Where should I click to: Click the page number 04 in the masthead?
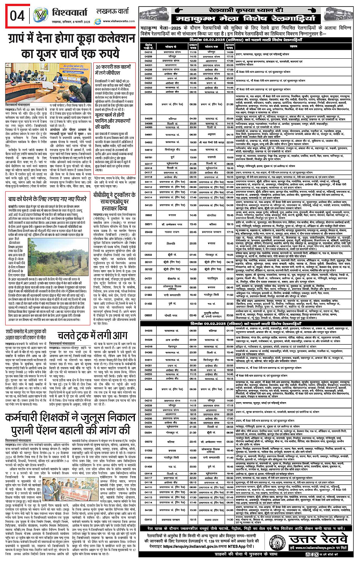pos(17,16)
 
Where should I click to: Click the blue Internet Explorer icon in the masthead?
pos(98,22)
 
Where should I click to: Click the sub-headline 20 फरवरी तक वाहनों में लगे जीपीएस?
pos(115,69)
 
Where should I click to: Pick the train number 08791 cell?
pos(148,157)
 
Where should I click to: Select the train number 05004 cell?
pos(148,432)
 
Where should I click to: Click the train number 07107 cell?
pos(148,243)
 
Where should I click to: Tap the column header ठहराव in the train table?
pos(293,47)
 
